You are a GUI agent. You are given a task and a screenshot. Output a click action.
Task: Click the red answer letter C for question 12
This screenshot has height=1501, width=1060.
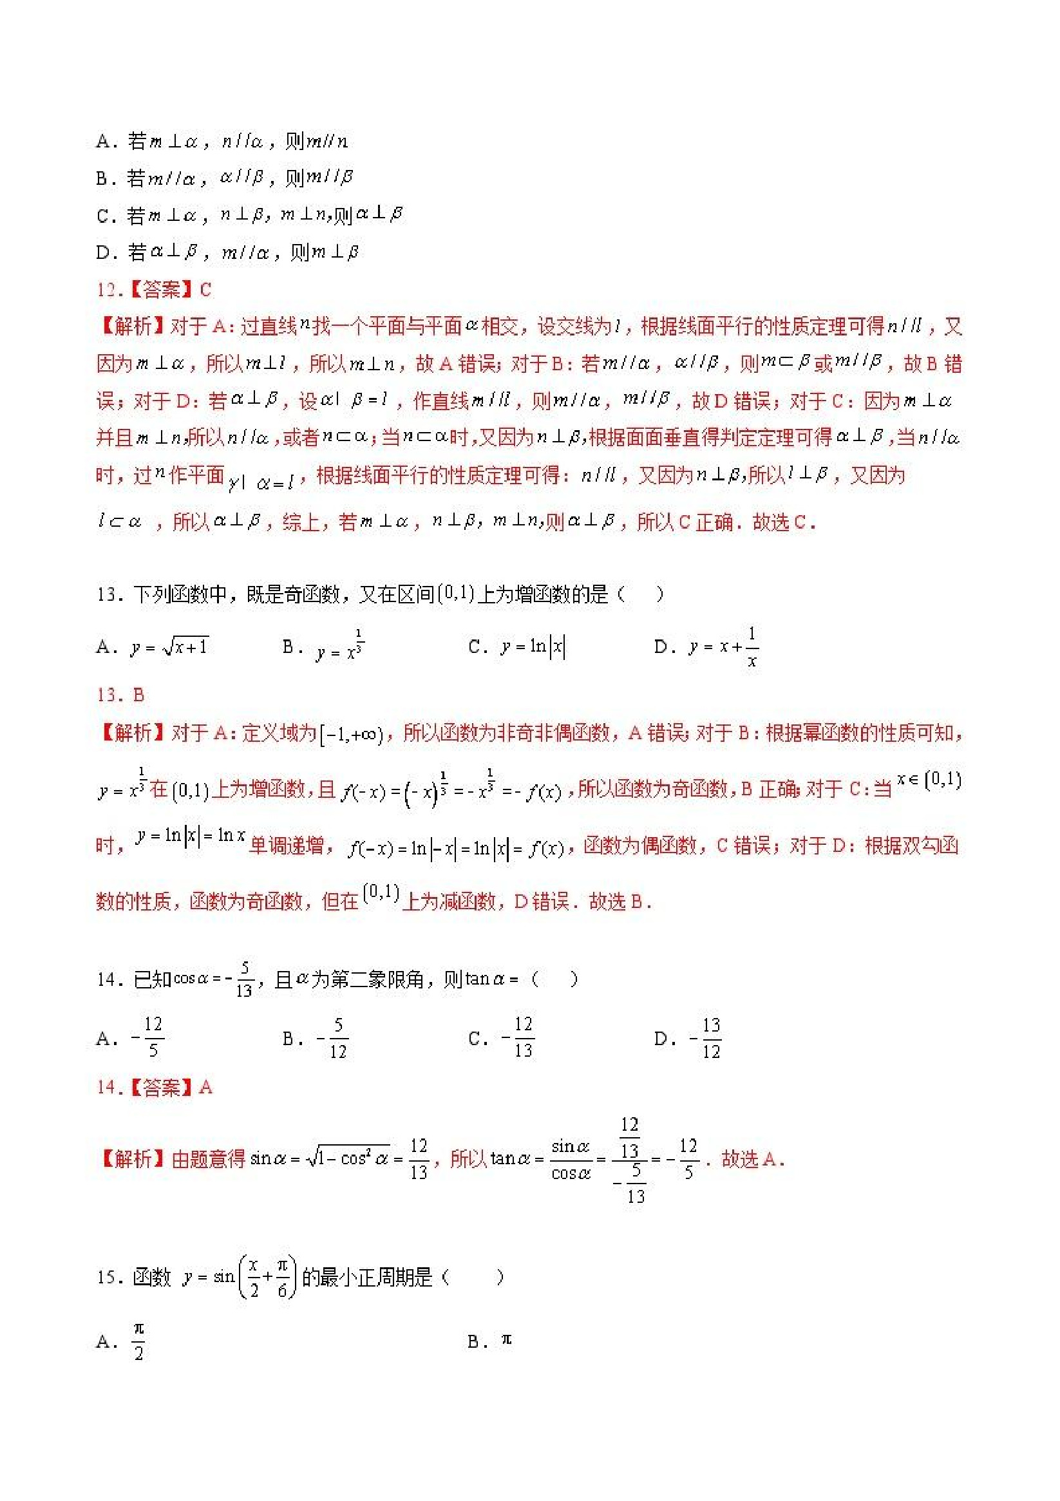pos(205,290)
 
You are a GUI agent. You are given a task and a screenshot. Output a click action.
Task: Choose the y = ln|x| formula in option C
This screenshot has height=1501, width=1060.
pos(533,647)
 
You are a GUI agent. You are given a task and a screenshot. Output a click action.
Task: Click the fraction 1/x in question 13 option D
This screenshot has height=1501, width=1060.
pos(752,647)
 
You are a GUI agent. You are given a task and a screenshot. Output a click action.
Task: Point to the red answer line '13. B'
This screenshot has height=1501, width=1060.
pos(120,695)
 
